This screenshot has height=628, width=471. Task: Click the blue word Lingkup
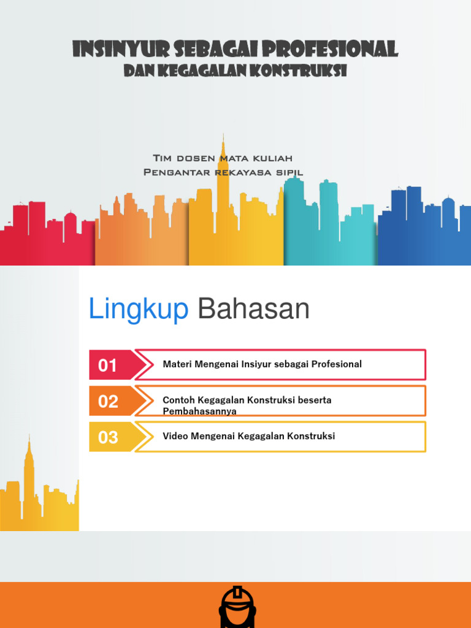pos(139,310)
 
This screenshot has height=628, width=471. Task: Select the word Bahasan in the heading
pos(253,310)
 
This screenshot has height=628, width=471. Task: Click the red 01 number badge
pos(108,366)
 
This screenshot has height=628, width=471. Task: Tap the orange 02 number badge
pos(108,402)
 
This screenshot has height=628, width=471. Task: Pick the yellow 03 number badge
pos(108,437)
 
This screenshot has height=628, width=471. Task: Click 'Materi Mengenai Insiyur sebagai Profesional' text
pos(262,364)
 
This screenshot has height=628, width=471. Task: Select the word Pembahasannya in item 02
pos(199,412)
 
